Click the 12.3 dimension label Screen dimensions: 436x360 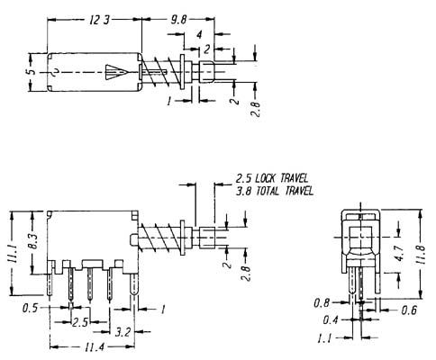99,20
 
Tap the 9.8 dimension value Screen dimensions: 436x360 178,20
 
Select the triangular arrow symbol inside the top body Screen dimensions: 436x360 117,72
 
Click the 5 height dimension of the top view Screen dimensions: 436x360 33,72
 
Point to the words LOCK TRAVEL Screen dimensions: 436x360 282,178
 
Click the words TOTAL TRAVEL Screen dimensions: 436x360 285,191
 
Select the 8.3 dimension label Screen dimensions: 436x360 34,241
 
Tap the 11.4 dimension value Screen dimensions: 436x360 95,347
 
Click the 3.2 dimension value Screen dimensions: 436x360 123,332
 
